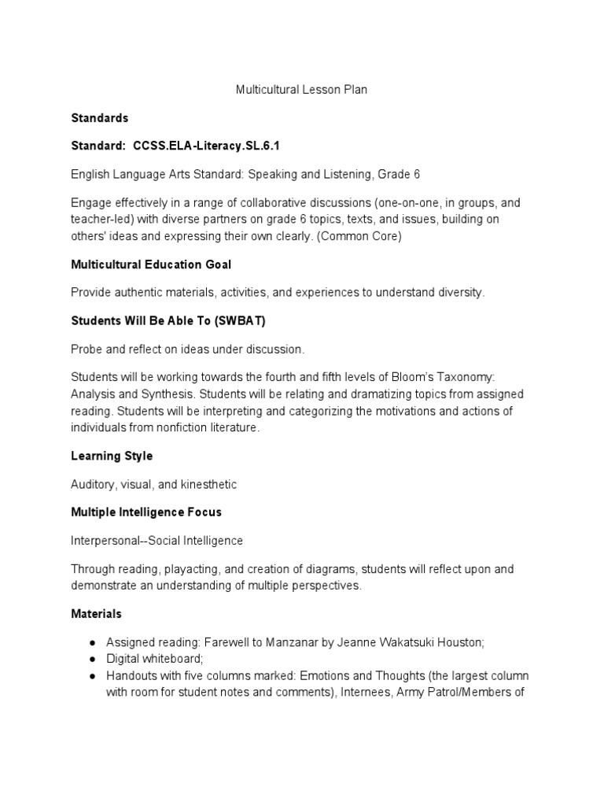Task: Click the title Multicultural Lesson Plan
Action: click(301, 90)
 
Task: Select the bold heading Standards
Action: click(99, 118)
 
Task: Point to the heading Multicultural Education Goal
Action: click(151, 264)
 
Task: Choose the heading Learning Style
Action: click(112, 456)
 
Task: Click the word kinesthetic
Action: click(208, 484)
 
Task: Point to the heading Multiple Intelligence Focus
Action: click(146, 512)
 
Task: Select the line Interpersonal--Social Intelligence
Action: click(157, 540)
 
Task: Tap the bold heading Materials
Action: click(96, 613)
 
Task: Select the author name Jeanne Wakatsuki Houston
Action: click(418, 641)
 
